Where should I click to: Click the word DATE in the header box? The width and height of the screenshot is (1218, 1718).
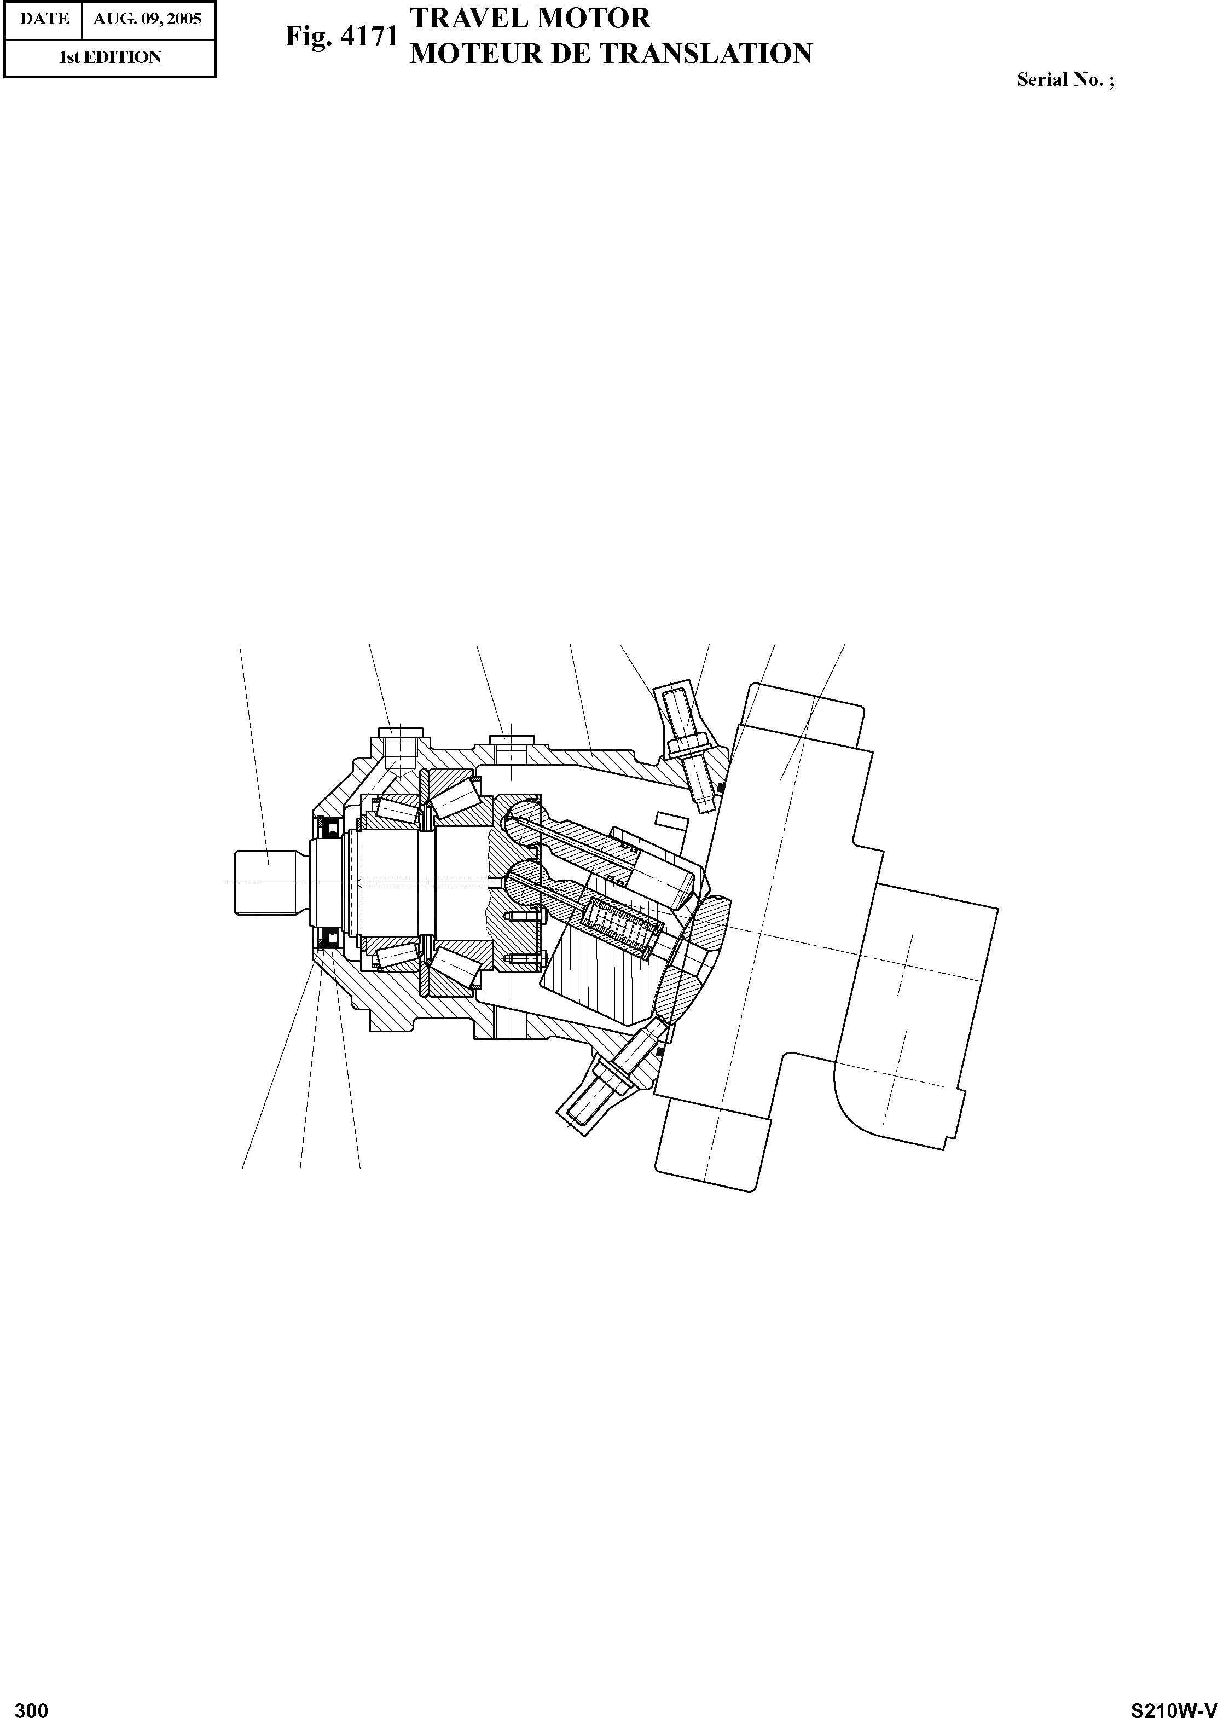click(44, 19)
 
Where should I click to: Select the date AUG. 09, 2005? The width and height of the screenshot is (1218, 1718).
click(148, 19)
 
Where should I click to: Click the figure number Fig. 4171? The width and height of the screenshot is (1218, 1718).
click(341, 36)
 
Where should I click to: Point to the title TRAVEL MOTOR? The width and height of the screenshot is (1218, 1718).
click(530, 18)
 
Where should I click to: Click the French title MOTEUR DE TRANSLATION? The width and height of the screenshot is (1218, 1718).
click(611, 53)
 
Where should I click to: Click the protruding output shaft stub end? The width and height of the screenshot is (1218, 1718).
click(270, 883)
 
